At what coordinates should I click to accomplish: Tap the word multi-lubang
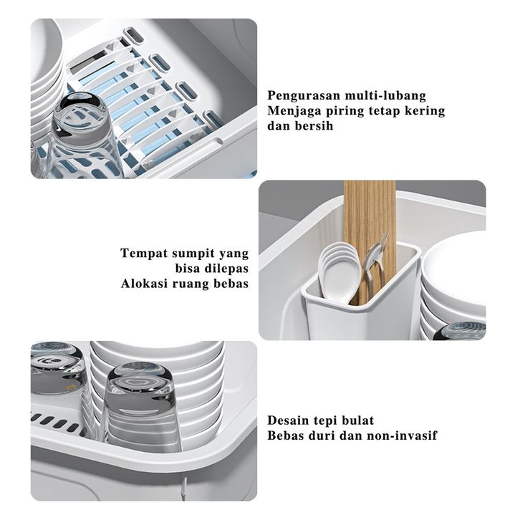[385, 96]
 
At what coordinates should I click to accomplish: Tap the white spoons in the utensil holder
[339, 272]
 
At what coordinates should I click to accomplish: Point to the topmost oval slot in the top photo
[134, 36]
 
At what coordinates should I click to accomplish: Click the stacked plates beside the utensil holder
[454, 292]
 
